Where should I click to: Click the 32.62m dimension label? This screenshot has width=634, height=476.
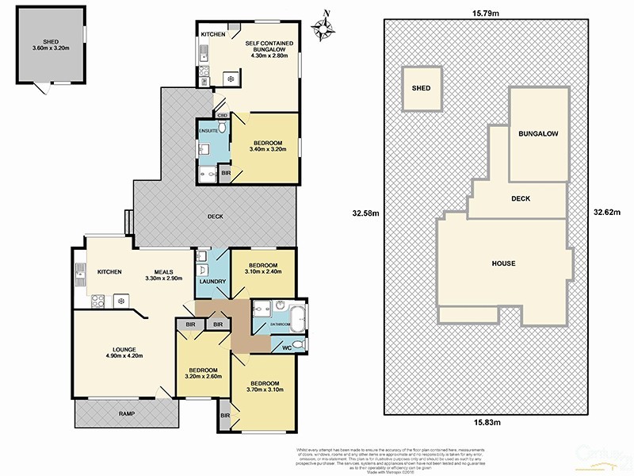tap(608, 212)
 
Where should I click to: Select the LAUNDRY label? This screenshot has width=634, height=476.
tap(213, 282)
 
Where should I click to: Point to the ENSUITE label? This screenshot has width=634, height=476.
tap(208, 130)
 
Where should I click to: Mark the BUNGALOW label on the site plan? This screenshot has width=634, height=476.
tap(539, 134)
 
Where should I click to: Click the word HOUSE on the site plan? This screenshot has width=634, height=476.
tap(503, 263)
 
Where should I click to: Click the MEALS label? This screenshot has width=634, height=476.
tap(163, 274)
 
